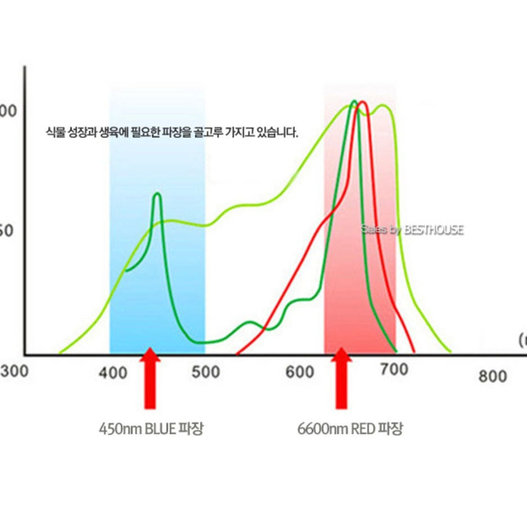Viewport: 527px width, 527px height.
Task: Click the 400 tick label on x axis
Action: coord(113,373)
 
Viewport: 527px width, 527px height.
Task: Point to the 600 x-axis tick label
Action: coord(300,372)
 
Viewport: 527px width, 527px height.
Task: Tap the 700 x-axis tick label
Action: coord(394,370)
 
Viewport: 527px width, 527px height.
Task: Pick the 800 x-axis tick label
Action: coord(493,376)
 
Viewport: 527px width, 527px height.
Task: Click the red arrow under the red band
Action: coord(341,378)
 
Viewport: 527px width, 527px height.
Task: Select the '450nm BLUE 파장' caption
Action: coord(151,429)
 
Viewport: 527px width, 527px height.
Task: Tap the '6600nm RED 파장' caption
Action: coord(350,429)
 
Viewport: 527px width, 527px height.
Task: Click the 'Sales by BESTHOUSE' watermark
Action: coord(412,230)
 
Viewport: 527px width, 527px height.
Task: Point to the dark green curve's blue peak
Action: coord(157,194)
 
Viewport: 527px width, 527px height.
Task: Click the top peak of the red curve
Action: coord(363,102)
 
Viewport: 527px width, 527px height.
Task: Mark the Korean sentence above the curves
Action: coord(172,133)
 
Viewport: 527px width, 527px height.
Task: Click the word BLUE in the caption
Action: coord(160,429)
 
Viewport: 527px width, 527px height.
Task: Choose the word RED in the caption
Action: coord(363,429)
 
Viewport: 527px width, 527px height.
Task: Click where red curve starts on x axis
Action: coord(236,354)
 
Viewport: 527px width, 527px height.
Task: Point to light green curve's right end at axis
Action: coord(450,352)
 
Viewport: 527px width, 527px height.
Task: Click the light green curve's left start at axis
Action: coord(60,353)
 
